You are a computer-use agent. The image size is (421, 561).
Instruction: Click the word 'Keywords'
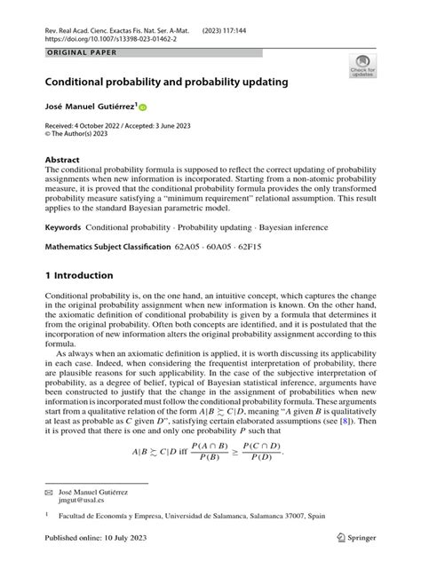tap(63, 228)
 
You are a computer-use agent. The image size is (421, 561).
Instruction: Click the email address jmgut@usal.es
tap(82, 501)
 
